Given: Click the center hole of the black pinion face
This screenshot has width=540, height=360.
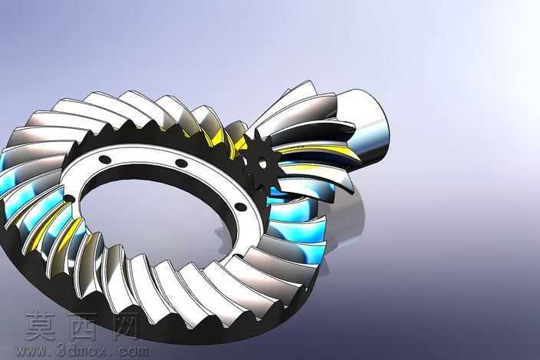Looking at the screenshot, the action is tap(262, 163).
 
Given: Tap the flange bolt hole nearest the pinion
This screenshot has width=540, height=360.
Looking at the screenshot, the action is tap(241, 206).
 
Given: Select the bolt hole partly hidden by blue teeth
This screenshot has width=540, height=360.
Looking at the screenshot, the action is tap(69, 199).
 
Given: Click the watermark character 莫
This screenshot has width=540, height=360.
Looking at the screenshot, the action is tap(40, 326).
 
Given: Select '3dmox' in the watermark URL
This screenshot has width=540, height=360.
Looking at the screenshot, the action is tap(82, 350).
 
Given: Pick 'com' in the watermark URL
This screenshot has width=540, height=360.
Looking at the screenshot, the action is tap(132, 351).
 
